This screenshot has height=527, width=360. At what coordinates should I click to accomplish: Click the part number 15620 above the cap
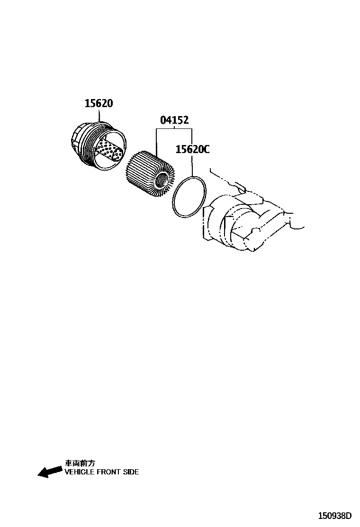[99, 103]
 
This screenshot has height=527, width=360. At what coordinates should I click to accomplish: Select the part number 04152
[174, 120]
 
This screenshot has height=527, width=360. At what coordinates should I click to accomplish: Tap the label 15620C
[192, 149]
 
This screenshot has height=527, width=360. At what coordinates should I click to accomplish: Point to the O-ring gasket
[189, 197]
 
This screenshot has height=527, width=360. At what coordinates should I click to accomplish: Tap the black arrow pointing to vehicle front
[50, 472]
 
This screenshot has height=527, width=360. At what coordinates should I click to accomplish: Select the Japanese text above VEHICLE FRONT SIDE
[80, 463]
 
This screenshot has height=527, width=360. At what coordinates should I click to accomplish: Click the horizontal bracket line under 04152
[174, 128]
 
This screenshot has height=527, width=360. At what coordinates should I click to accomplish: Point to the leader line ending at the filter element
[156, 140]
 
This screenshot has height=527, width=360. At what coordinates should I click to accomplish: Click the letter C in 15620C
[205, 149]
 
